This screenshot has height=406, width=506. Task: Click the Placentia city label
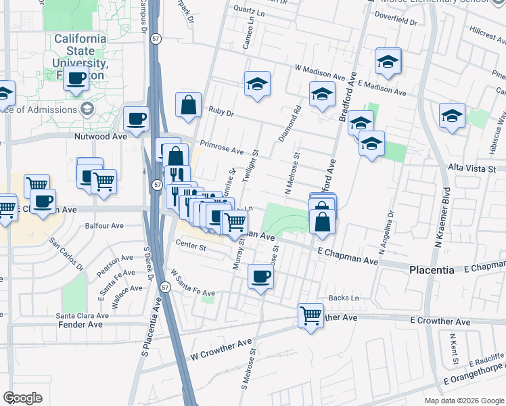pyautogui.click(x=432, y=269)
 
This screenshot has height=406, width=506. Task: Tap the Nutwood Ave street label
pyautogui.click(x=101, y=136)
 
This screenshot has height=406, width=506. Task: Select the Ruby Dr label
pyautogui.click(x=221, y=112)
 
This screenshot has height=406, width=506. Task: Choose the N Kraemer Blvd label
pyautogui.click(x=445, y=217)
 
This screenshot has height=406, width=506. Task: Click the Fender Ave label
pyautogui.click(x=79, y=325)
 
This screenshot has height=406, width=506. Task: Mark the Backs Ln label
pyautogui.click(x=344, y=298)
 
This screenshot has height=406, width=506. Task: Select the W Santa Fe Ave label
pyautogui.click(x=192, y=284)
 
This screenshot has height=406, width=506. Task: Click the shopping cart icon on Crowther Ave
pyautogui.click(x=310, y=315)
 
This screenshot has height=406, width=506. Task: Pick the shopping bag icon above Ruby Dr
pyautogui.click(x=189, y=105)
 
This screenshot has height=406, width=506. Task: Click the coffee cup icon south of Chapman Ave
pyautogui.click(x=261, y=275)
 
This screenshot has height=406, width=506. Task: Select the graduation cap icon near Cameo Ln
pyautogui.click(x=257, y=84)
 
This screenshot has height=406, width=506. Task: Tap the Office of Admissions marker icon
pyautogui.click(x=86, y=109)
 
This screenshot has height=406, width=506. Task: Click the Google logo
pyautogui.click(x=22, y=398)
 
